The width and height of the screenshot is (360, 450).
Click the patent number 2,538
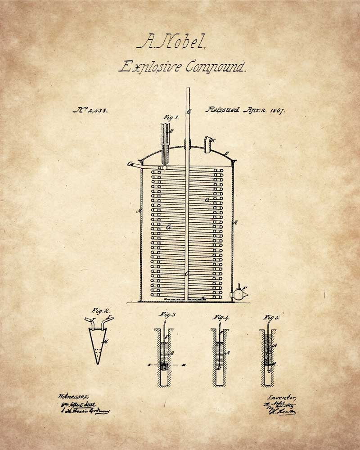(90, 110)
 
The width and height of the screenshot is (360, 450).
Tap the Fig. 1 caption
(171, 118)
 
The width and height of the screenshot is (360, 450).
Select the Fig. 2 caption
(100, 311)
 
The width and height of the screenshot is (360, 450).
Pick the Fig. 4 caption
(221, 317)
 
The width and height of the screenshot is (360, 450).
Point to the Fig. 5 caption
(272, 317)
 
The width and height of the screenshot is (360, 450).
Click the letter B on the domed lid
(228, 153)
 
